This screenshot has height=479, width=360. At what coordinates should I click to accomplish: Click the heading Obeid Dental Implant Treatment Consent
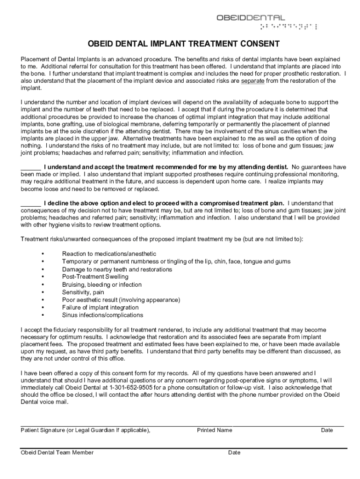(x=184, y=44)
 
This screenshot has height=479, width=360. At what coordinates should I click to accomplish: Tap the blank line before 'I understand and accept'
(x=31, y=167)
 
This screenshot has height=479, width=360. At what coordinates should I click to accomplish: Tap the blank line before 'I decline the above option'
(x=31, y=203)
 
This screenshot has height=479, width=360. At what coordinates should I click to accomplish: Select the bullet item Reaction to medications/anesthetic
(x=109, y=254)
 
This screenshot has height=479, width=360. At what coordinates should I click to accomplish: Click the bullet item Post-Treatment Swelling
(x=95, y=277)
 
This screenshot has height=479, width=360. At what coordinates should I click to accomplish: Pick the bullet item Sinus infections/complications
(x=102, y=315)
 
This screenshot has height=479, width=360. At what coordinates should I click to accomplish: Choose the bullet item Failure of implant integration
(x=100, y=307)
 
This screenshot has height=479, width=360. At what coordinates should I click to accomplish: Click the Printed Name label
(x=214, y=430)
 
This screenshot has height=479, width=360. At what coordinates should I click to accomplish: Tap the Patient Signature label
(x=85, y=430)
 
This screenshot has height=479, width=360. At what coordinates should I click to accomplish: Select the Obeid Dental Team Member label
(x=57, y=452)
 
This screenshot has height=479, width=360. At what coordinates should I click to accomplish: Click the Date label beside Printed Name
(x=327, y=430)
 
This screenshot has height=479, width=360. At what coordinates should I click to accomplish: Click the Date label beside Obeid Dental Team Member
(x=234, y=452)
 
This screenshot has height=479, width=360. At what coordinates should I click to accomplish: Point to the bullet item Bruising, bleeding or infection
(x=101, y=284)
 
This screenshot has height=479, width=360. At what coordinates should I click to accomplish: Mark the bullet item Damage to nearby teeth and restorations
(x=117, y=269)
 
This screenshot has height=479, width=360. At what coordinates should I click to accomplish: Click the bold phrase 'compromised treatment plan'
(x=243, y=203)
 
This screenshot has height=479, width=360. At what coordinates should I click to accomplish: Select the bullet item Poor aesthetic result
(x=121, y=300)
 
